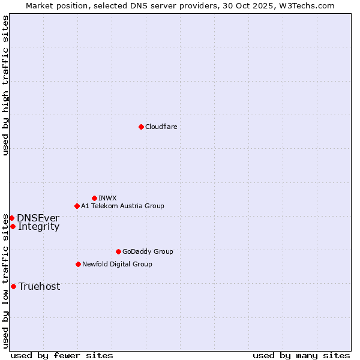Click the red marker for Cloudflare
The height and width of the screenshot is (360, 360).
pyautogui.click(x=141, y=127)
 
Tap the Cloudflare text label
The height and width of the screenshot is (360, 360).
pyautogui.click(x=161, y=127)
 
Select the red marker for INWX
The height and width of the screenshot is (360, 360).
pyautogui.click(x=94, y=198)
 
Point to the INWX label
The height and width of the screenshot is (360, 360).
pyautogui.click(x=107, y=198)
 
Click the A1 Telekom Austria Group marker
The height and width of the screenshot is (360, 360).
pyautogui.click(x=77, y=206)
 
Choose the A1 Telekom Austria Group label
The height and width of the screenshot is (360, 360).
pyautogui.click(x=122, y=206)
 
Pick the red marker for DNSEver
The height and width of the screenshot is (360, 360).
pyautogui.click(x=11, y=218)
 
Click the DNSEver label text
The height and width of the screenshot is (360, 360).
pyautogui.click(x=38, y=218)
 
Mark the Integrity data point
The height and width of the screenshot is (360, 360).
pyautogui.click(x=13, y=226)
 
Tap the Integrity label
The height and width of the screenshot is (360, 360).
pyautogui.click(x=38, y=226)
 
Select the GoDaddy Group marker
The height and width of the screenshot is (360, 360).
pyautogui.click(x=118, y=251)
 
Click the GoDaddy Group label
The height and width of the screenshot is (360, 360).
pyautogui.click(x=147, y=251)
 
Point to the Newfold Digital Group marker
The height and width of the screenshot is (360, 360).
pyautogui.click(x=78, y=264)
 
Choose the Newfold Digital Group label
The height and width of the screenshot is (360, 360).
pyautogui.click(x=117, y=264)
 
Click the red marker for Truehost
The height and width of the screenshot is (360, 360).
pyautogui.click(x=13, y=286)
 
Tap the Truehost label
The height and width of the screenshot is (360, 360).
pyautogui.click(x=39, y=286)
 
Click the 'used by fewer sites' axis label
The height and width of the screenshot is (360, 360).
pyautogui.click(x=62, y=355)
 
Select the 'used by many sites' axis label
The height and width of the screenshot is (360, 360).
pyautogui.click(x=301, y=355)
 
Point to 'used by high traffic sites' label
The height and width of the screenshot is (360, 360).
pyautogui.click(x=5, y=85)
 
